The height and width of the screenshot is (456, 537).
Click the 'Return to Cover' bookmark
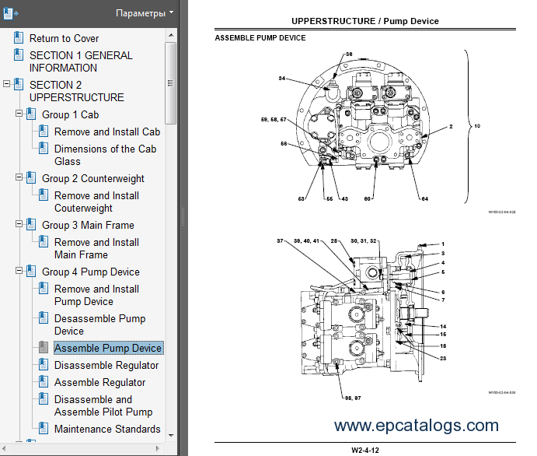pos(64,38)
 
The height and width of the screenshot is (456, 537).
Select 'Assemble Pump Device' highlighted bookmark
pos(107,348)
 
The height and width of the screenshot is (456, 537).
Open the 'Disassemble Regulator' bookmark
pos(106,365)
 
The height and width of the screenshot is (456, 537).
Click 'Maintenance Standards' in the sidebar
pos(107,429)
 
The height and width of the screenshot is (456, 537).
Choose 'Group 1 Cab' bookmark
pos(70,114)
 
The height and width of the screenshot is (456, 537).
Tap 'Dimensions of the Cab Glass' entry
pos(105,155)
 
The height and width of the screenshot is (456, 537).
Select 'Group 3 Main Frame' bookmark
pos(88,225)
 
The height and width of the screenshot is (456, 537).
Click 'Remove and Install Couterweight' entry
pos(96,202)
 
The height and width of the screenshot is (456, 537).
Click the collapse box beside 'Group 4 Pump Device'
pos(19,272)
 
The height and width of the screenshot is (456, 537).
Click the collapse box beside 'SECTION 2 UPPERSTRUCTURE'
pos(7,85)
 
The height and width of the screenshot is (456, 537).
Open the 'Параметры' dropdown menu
pos(145,13)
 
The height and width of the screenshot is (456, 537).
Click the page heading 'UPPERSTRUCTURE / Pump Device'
pos(364,21)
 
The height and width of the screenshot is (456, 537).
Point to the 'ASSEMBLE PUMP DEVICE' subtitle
pos(260,38)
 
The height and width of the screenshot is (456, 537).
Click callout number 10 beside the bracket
pos(477,125)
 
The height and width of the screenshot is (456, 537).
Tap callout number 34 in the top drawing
pos(282,78)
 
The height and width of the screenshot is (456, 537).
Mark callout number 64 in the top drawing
pos(424,198)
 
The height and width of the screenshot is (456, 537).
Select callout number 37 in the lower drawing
pos(281,241)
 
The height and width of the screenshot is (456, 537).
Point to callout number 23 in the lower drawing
pos(442,358)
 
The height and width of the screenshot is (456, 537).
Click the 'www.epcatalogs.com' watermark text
pos(417,425)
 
